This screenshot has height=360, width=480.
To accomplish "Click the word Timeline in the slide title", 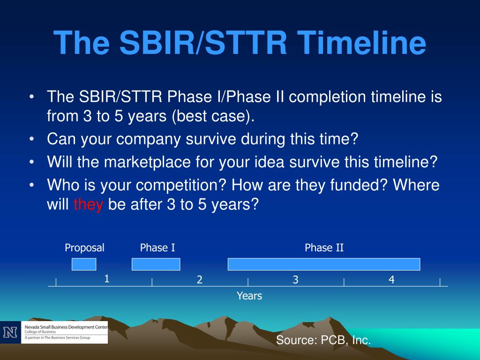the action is pyautogui.click(x=361, y=43).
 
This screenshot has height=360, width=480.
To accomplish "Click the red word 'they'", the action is pyautogui.click(x=89, y=204).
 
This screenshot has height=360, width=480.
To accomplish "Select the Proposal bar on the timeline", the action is pyautogui.click(x=84, y=264).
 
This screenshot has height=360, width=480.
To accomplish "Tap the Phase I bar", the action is pyautogui.click(x=156, y=264).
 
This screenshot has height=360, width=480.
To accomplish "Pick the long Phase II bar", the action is pyautogui.click(x=324, y=264).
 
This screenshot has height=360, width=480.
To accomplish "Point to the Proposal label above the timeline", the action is pyautogui.click(x=84, y=247).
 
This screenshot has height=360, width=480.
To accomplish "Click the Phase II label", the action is pyautogui.click(x=324, y=247).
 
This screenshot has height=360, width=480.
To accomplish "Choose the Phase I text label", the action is pyautogui.click(x=157, y=247).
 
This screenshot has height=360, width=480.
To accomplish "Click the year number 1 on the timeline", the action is pyautogui.click(x=106, y=278).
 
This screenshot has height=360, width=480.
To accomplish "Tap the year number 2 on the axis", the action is pyautogui.click(x=200, y=279).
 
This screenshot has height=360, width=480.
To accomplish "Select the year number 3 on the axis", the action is pyautogui.click(x=295, y=279).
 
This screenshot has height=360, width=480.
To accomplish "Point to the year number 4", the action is pyautogui.click(x=391, y=279).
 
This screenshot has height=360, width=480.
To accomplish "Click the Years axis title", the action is pyautogui.click(x=249, y=296).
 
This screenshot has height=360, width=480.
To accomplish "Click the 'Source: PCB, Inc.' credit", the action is pyautogui.click(x=323, y=340).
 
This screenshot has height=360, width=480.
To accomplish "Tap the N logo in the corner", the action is pyautogui.click(x=10, y=332).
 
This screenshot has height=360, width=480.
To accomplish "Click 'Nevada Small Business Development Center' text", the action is pyautogui.click(x=66, y=327).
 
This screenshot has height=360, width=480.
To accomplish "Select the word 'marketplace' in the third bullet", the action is pyautogui.click(x=148, y=162).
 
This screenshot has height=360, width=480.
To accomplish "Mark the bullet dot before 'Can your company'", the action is pyautogui.click(x=32, y=139).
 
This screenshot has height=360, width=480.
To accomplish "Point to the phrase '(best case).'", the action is pyautogui.click(x=213, y=116).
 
